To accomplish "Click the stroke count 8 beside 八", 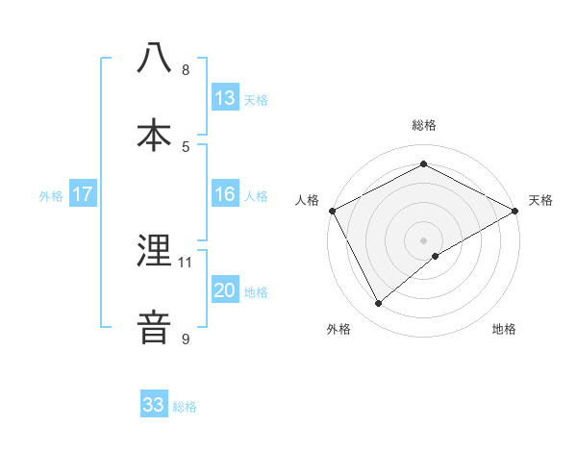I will (186, 70).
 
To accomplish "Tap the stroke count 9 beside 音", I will (186, 339).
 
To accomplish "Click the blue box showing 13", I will (225, 98).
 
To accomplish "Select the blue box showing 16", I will (225, 194).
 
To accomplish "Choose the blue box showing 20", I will (225, 290).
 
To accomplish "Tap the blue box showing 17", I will (83, 194).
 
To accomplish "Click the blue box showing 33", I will (154, 405).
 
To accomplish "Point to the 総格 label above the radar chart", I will (424, 125).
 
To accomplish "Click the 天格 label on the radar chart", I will (541, 200).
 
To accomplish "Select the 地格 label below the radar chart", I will (504, 330).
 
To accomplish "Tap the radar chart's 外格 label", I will (339, 330).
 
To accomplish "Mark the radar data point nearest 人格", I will (332, 210).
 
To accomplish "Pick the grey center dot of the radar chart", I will (423, 239).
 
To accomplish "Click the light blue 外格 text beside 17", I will (51, 195).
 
